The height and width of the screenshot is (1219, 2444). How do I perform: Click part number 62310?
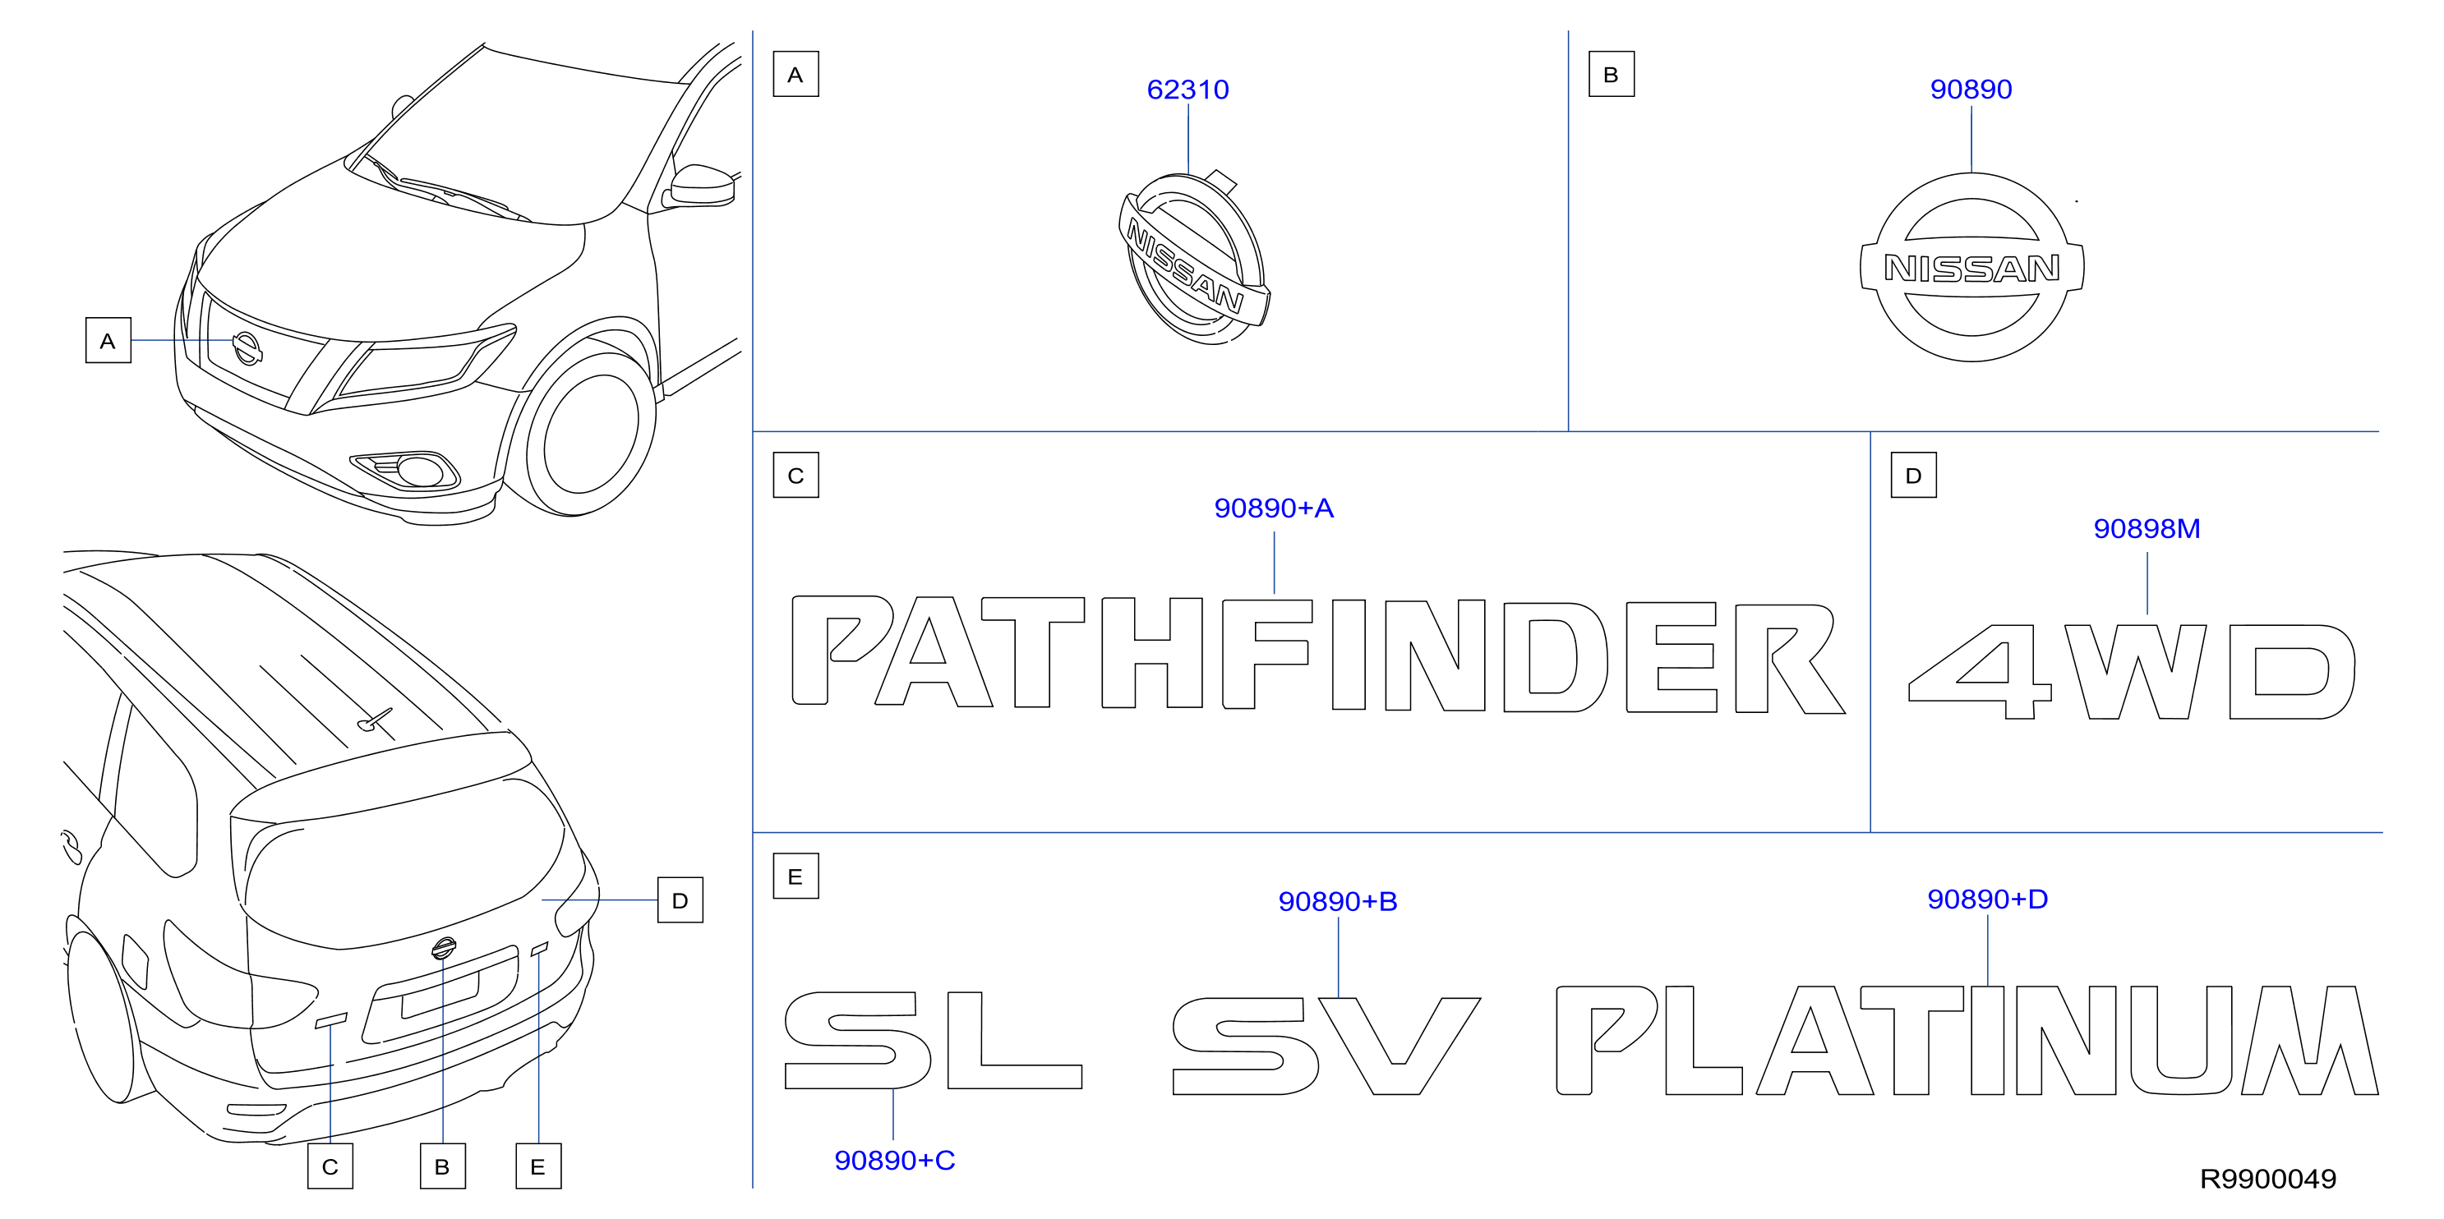1187,90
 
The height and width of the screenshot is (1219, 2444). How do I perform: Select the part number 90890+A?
1273,508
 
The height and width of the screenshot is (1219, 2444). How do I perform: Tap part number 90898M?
2146,528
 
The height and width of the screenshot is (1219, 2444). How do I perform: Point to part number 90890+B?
1338,901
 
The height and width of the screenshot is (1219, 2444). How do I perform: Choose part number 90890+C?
894,1160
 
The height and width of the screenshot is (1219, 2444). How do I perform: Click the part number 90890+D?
1987,899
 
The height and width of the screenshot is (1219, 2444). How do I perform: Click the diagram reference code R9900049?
2267,1179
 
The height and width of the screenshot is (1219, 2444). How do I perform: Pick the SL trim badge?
933,1041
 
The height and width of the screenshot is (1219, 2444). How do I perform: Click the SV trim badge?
1326,1046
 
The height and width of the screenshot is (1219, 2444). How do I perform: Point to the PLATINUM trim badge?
1967,1040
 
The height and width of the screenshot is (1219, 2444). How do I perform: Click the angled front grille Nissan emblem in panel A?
1193,258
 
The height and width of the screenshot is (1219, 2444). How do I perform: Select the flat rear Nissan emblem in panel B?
1971,268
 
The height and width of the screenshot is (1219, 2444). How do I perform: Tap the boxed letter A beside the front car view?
108,341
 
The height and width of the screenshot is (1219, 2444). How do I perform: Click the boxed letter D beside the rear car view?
680,900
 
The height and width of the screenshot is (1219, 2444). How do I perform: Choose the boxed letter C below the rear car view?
330,1166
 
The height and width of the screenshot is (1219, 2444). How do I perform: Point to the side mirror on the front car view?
702,184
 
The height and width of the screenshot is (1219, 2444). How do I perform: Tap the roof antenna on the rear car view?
375,721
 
